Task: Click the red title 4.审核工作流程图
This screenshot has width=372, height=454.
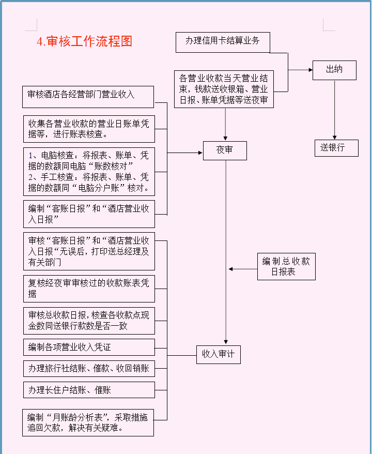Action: [85, 42]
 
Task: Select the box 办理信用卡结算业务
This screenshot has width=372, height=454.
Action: [223, 42]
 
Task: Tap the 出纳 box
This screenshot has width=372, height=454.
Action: [334, 70]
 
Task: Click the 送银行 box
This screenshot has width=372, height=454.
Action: [337, 148]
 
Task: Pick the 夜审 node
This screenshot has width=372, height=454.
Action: [224, 150]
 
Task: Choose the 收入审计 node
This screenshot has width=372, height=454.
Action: [218, 355]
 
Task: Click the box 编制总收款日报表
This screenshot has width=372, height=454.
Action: [286, 267]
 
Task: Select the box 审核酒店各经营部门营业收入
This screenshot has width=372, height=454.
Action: [88, 97]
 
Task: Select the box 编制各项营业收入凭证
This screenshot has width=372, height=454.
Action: [88, 347]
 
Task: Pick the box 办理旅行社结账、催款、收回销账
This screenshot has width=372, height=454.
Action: [88, 369]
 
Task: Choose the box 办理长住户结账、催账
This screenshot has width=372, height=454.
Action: [88, 390]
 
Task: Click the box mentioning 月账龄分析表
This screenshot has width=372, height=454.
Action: [88, 422]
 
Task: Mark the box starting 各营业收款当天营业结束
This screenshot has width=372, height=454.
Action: [224, 89]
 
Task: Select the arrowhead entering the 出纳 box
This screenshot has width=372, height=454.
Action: [309, 69]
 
